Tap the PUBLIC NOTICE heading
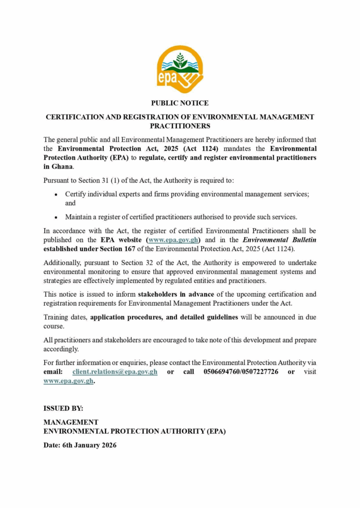(x=180, y=103)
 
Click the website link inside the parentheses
(x=173, y=240)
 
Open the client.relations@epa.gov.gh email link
(x=115, y=372)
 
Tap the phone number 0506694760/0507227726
(x=241, y=372)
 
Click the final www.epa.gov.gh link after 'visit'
(x=69, y=381)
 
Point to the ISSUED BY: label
(x=63, y=408)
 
